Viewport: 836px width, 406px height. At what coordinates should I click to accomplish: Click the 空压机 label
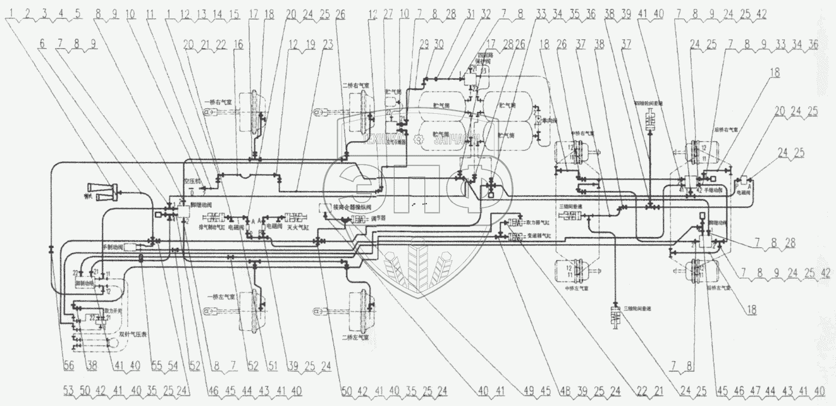192,181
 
